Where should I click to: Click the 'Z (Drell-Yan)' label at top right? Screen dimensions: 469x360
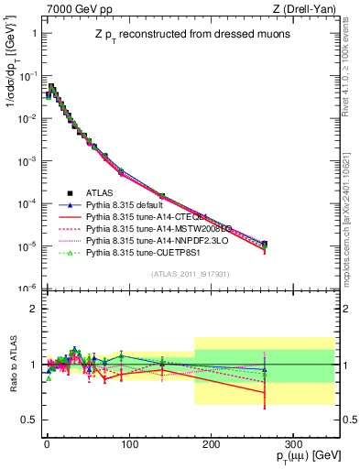click(309, 8)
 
